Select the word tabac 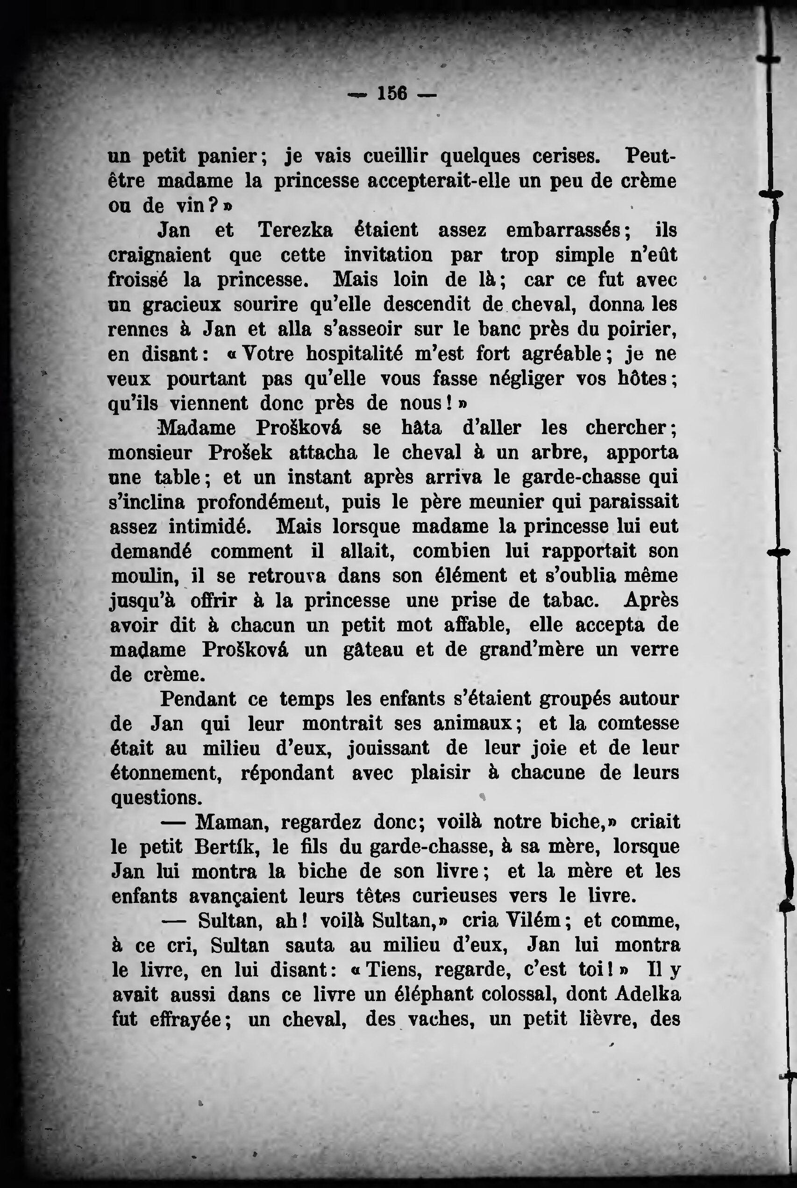pyautogui.click(x=571, y=601)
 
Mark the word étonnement pyautogui.click(x=166, y=773)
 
